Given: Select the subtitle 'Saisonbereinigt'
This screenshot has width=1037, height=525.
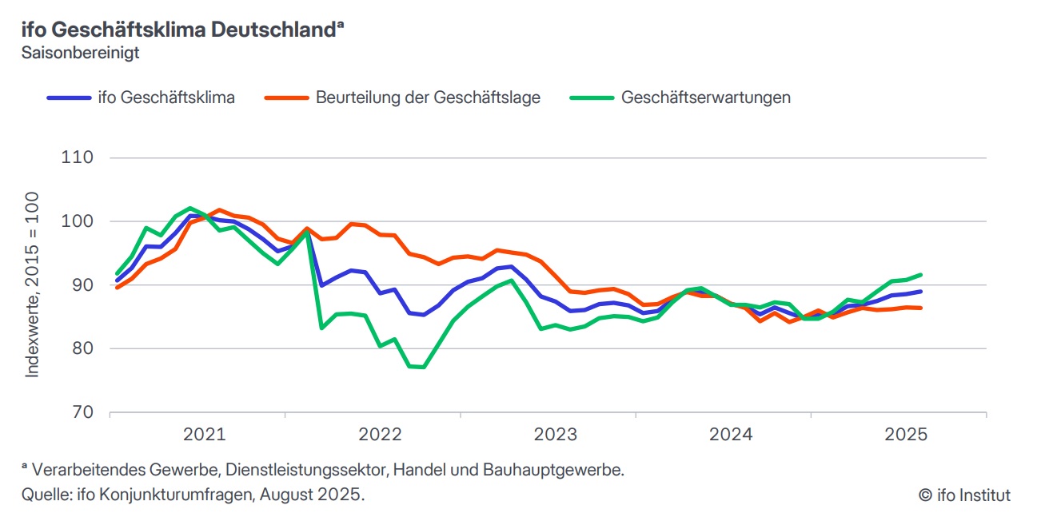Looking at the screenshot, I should pos(81,54).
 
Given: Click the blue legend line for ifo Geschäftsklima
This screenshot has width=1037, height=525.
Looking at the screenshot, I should pos(70,97).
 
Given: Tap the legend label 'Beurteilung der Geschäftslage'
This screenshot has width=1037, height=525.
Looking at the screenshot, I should pos(428,97).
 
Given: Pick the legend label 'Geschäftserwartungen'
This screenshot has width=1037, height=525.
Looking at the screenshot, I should pos(705,97).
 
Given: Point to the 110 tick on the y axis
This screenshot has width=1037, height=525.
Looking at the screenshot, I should pos(78,157).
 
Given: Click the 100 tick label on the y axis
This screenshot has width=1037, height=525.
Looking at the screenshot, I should pos(78,221).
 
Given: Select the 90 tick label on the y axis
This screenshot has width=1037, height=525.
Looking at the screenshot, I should pos(82,285).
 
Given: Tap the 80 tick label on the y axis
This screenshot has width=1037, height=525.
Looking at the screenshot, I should pos(82,348).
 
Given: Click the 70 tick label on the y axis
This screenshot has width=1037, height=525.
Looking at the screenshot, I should pos(82,412).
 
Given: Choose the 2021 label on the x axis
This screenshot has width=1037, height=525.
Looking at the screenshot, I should pos(204,435).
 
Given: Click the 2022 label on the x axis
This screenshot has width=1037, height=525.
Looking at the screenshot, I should pos(380,435).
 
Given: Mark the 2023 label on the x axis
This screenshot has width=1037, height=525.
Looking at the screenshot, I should pos(555,435).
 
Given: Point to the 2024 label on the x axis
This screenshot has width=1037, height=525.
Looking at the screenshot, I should pos(731,435).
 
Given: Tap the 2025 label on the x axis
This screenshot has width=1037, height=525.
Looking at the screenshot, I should pos(905,435).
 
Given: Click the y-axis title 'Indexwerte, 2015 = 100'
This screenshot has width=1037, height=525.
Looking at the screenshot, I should pos(32,284).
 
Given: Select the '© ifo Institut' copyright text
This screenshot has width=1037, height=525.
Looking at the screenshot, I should pos(964,495).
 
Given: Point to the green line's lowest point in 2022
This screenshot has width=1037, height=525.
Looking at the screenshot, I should pos(423,368).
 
